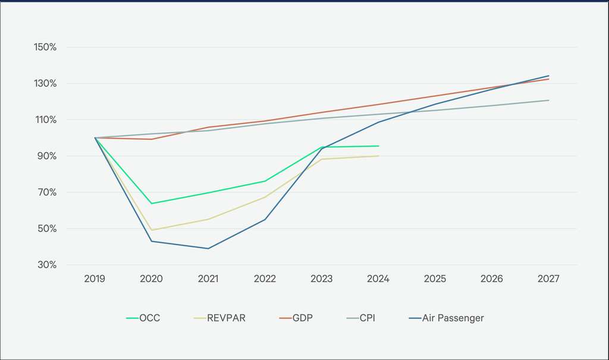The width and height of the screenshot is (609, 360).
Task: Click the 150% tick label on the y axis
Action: (45, 47)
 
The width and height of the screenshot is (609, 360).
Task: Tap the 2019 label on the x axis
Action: (95, 278)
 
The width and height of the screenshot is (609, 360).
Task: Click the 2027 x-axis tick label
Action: (548, 278)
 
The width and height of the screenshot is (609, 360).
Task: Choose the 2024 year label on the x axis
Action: (378, 278)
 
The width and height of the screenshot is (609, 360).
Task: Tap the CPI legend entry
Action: (366, 318)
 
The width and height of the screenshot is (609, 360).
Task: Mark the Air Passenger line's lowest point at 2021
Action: (208, 248)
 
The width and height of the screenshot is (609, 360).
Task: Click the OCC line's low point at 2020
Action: (152, 204)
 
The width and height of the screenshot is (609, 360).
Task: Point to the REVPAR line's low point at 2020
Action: (152, 230)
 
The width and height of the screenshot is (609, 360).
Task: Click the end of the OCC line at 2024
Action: (378, 146)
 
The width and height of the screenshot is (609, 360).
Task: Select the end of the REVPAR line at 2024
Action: (378, 156)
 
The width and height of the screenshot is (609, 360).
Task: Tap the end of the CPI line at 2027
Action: (548, 100)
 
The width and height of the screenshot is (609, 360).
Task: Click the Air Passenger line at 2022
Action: (265, 220)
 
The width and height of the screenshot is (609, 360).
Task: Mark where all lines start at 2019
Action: (95, 137)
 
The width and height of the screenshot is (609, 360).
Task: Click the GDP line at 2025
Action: (435, 96)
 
